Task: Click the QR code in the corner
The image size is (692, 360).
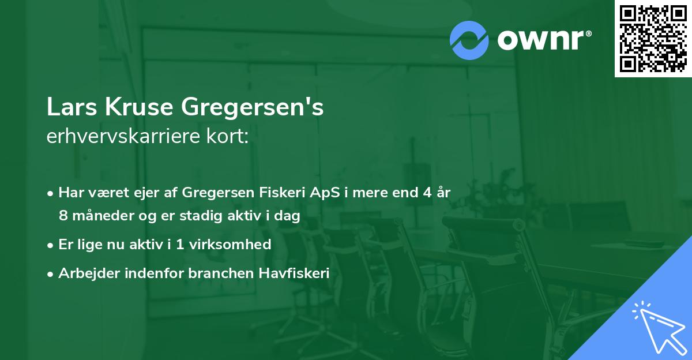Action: pos(653,38)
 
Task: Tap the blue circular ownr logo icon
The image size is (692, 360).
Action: pos(469,40)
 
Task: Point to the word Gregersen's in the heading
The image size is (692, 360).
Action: pos(253,108)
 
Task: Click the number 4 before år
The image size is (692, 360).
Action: pos(423,193)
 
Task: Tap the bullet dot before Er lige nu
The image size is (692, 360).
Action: pos(51,245)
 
